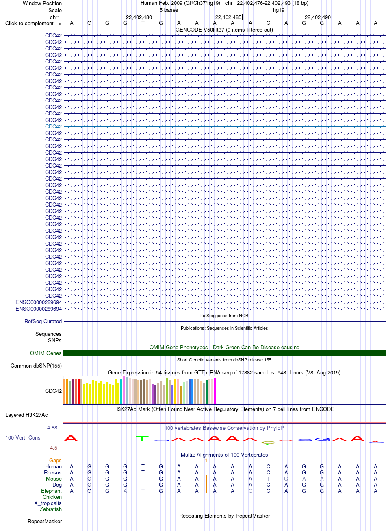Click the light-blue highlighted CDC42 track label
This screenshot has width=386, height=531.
pos(53,126)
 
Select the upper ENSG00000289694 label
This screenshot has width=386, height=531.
pos(38,302)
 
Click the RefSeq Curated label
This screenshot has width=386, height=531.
pos(43,322)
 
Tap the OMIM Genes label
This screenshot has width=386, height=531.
pos(46,353)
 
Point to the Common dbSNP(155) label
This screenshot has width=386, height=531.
pos(36,366)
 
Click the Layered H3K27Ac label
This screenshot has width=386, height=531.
pos(26,415)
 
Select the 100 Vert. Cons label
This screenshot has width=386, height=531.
pos(23,438)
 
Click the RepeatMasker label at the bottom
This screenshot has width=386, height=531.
pos(45,522)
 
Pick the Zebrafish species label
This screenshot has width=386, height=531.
pos(50,509)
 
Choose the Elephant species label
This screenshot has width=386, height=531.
pos(51,491)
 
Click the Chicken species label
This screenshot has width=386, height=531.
pos(52,497)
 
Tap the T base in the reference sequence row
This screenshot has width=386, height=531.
pos(143,23)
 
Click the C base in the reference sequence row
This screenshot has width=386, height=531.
pos(268,23)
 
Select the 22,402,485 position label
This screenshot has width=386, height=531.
pos(228,17)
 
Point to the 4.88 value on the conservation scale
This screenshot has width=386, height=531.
pos(52,428)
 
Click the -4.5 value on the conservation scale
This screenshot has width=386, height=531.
pos(53,448)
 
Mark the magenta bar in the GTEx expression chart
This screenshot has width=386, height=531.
pos(215,391)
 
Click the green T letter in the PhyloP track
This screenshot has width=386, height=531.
pos(142,439)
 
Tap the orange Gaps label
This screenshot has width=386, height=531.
pos(55,460)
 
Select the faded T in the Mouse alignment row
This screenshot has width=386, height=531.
pos(268,479)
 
